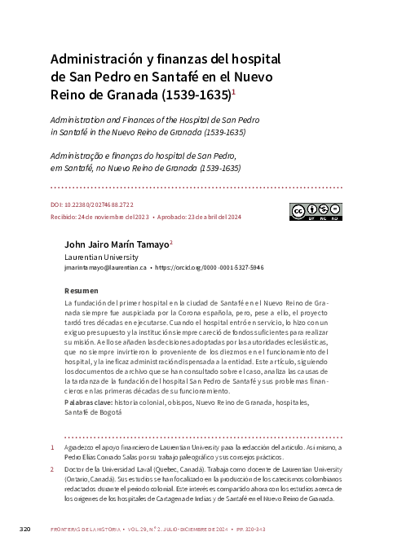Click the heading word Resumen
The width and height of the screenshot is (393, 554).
coord(81,291)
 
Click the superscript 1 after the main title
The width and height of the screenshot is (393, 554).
coord(235,92)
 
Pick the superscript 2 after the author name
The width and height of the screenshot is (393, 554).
coord(171,242)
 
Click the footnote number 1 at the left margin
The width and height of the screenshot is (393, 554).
coord(53,448)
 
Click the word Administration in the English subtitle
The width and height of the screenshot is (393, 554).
coord(80,120)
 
